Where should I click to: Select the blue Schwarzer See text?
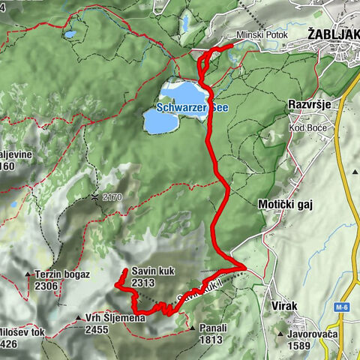tap(187, 107)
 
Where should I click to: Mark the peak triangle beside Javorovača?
tap(280, 334)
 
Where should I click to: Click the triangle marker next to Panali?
tap(193, 328)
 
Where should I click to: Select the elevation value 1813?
tap(211, 340)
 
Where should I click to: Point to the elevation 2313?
tap(142, 283)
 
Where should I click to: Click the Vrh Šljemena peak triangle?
tap(79, 318)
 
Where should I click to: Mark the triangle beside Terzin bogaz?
tap(28, 274)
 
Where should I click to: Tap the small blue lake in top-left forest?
tap(70, 34)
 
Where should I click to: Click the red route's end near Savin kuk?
tap(124, 269)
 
